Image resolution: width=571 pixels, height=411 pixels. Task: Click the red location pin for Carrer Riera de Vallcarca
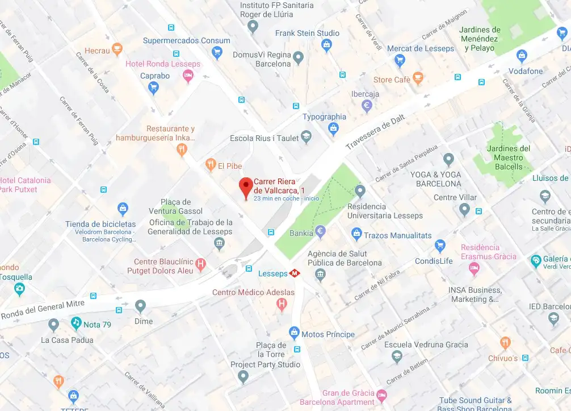coord(245,186)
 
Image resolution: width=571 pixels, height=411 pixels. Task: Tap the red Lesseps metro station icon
coord(295,273)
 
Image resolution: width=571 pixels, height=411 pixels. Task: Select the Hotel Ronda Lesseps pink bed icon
coord(188,76)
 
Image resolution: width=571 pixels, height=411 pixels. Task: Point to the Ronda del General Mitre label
coord(43,310)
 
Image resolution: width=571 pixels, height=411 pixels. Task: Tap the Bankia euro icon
coord(320,232)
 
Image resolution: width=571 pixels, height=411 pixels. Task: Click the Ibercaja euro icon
coord(367,105)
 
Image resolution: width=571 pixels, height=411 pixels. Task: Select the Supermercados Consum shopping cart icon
coord(216,53)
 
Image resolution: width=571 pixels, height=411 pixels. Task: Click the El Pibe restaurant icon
coord(211,165)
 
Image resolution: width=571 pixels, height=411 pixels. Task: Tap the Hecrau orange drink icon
coord(117,50)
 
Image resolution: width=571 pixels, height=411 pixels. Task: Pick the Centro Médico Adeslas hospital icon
coord(281,305)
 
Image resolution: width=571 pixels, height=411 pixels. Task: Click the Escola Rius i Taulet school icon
coord(307,136)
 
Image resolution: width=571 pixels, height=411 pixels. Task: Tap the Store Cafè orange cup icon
coord(418,78)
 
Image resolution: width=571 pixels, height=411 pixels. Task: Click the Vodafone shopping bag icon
coord(522,56)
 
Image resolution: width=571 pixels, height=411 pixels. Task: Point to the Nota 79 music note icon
coord(76,323)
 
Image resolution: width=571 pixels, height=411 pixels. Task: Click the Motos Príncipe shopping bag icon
coord(294,333)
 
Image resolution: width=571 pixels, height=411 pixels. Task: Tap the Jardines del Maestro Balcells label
coord(508,157)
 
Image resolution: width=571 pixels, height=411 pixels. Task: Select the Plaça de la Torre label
coord(271,350)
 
